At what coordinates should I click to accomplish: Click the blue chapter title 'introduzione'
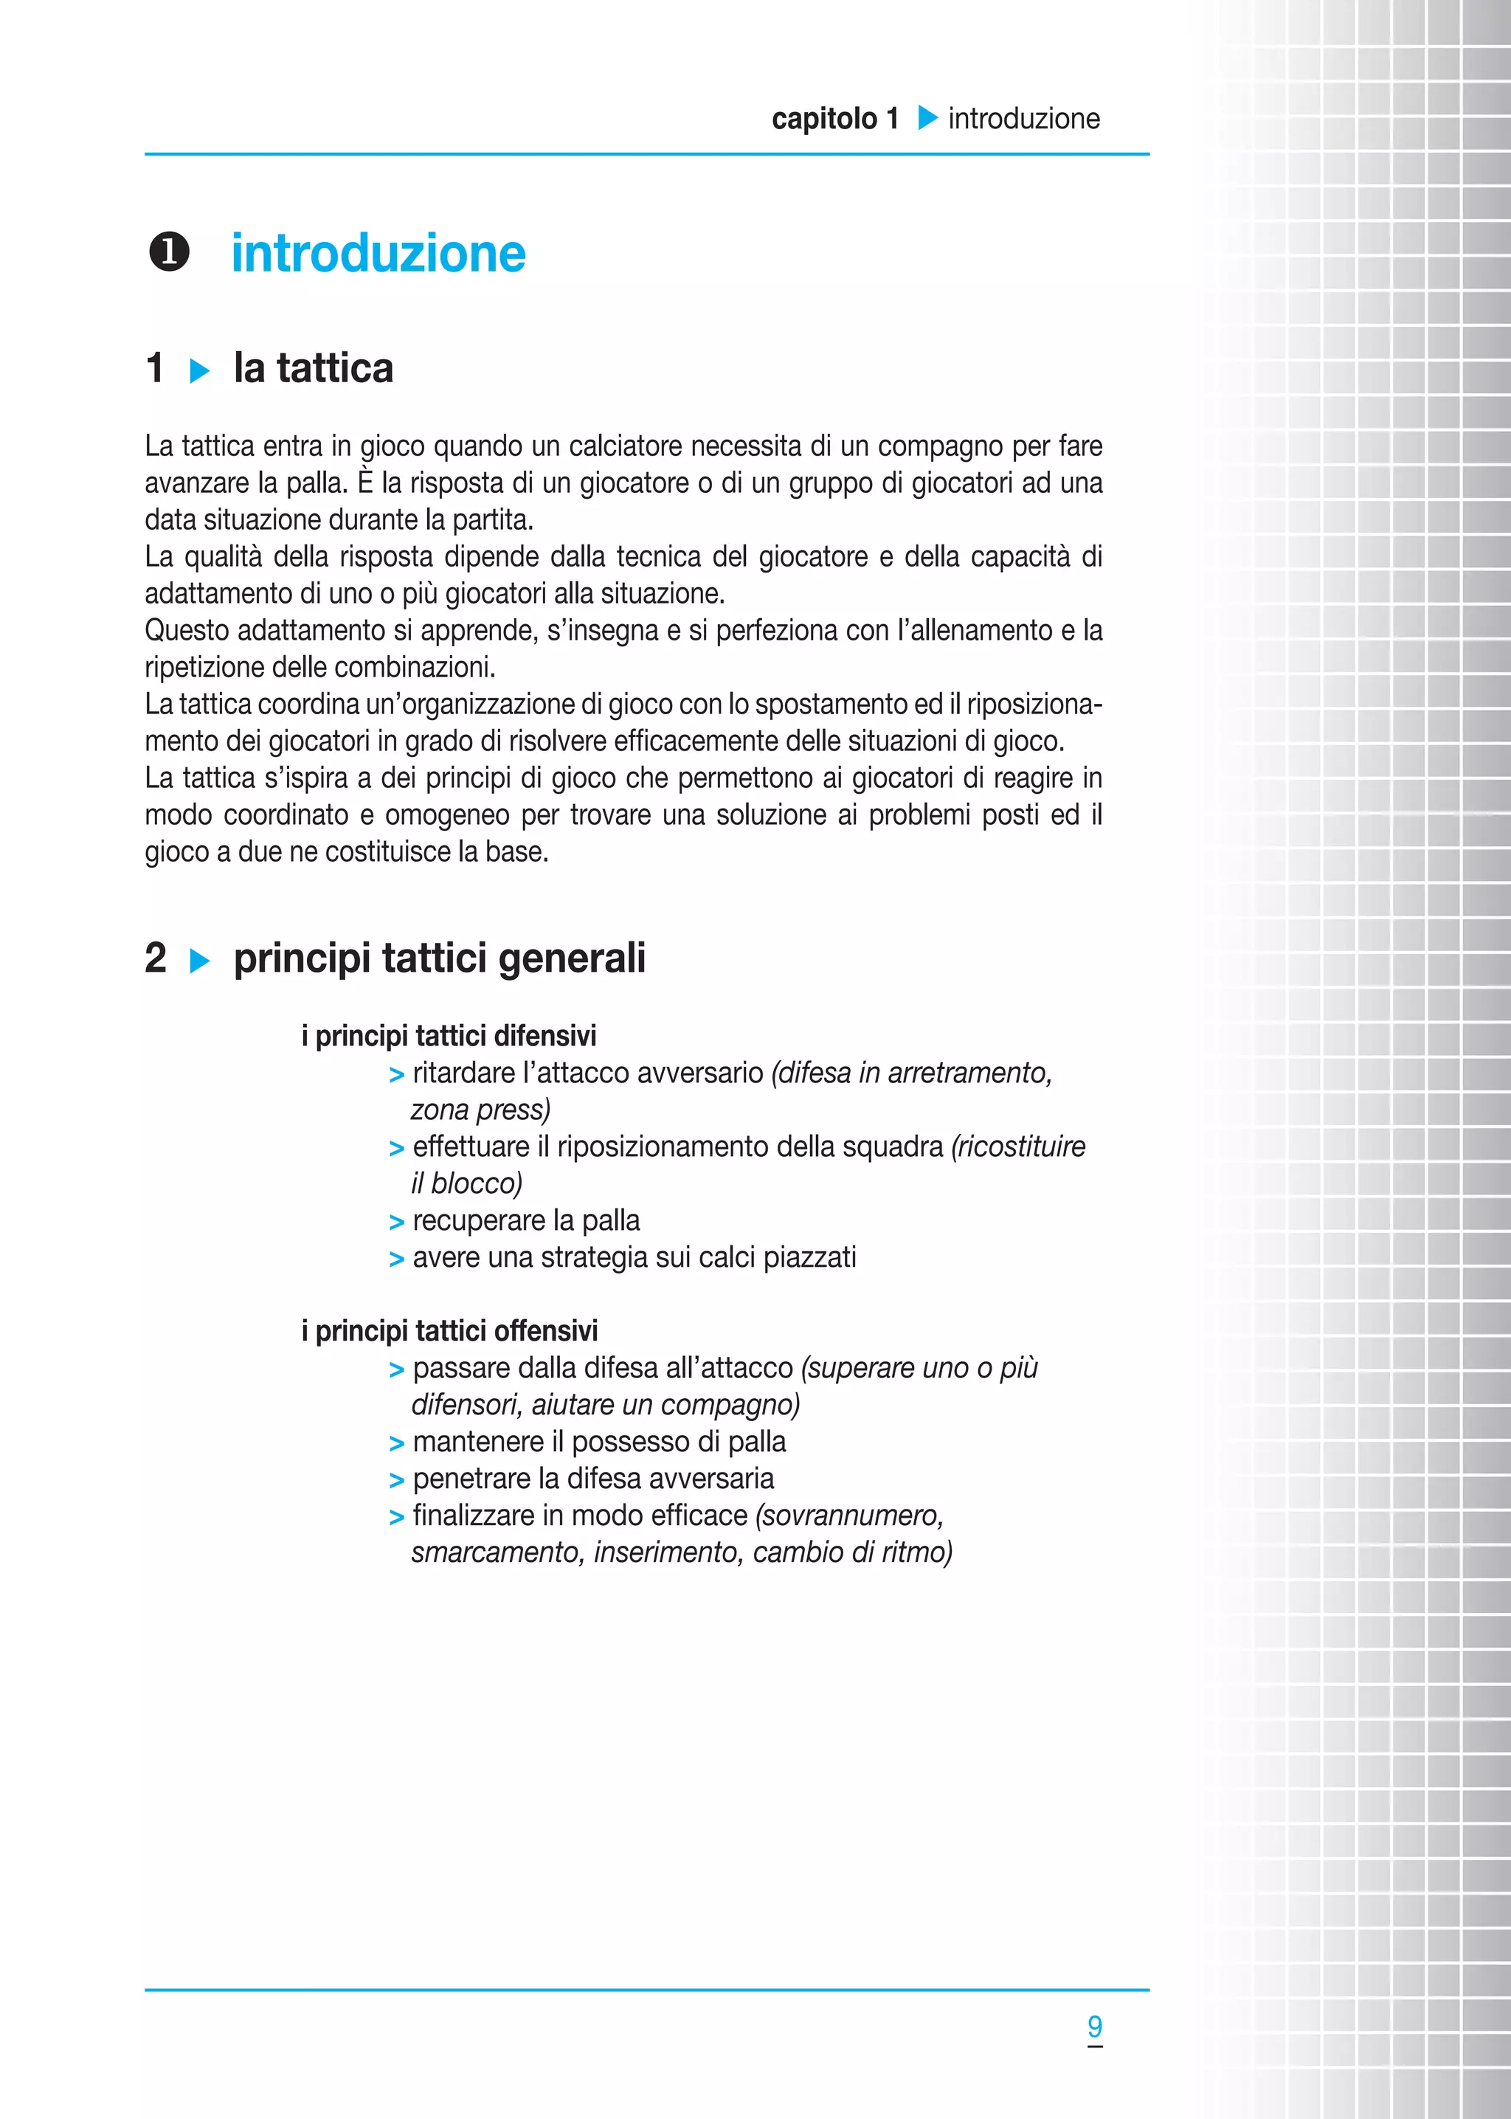(x=378, y=254)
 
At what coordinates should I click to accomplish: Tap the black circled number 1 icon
(x=170, y=252)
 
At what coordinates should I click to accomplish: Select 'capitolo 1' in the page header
(x=834, y=119)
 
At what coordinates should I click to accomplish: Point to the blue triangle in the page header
(x=927, y=118)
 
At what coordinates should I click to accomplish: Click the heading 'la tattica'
(x=313, y=368)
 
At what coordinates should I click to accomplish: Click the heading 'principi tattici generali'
(x=439, y=958)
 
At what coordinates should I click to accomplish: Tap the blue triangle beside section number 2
(x=199, y=961)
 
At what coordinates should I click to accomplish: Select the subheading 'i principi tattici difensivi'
(x=449, y=1035)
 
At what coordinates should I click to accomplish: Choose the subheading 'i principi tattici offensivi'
(x=449, y=1330)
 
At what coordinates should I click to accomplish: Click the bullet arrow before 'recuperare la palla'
(x=396, y=1223)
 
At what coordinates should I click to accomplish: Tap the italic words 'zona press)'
(x=480, y=1110)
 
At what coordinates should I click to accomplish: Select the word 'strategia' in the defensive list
(x=594, y=1258)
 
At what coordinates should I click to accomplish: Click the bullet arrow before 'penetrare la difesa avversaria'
(x=396, y=1480)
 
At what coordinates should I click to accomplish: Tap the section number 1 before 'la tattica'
(x=156, y=368)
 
